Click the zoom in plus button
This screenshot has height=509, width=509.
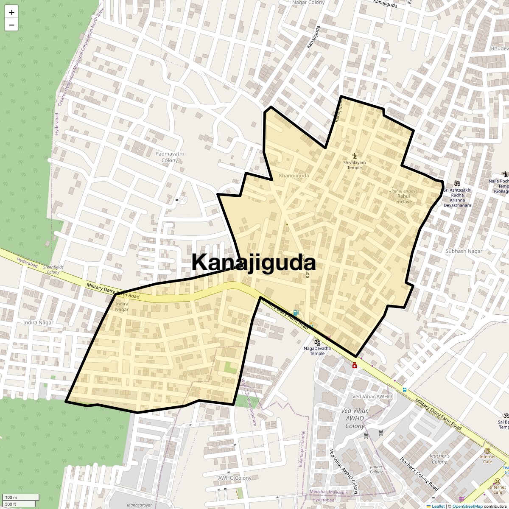pos(11,12)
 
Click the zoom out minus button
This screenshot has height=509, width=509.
pos(11,25)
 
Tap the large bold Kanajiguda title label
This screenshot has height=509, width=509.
pos(254,263)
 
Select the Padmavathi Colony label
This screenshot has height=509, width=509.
pos(170,157)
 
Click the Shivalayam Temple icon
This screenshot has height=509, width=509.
pos(355,155)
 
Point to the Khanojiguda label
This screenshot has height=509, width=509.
pos(294,176)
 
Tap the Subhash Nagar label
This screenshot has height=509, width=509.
pos(464,251)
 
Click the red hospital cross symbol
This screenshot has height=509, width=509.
pos(355,366)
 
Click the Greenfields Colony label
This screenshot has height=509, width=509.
pos(53,269)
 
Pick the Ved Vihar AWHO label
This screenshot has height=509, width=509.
pos(372,397)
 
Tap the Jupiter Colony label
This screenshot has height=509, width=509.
pos(376,469)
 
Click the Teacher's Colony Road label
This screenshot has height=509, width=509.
pos(419,474)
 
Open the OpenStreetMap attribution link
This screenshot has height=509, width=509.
pos(467,506)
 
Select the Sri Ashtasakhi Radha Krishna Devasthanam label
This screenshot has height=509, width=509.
pos(457,197)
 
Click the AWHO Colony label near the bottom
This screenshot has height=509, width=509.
pos(235,478)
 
